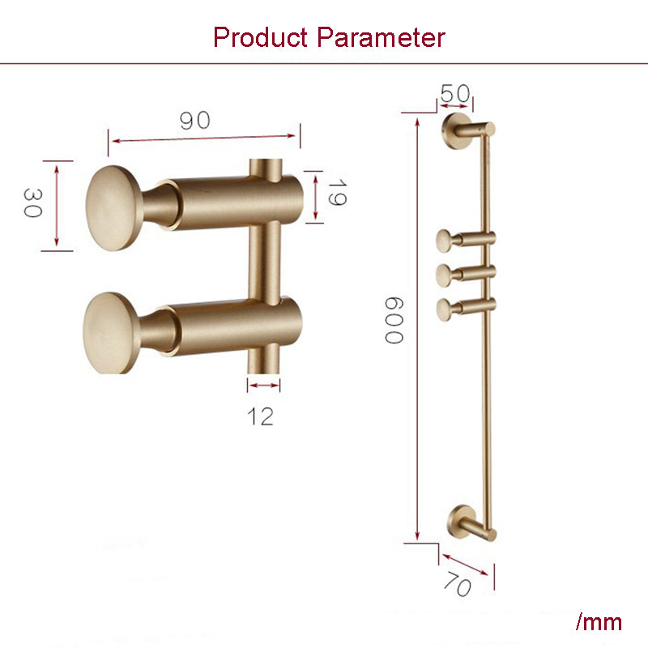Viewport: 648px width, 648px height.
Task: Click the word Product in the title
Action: (x=262, y=37)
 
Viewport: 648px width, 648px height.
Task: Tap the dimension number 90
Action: (x=194, y=121)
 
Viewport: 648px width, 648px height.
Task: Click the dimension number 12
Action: (x=261, y=416)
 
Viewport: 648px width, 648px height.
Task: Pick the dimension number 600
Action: (x=392, y=319)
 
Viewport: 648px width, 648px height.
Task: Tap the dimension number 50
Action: (x=454, y=94)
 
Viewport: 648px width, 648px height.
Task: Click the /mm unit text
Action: (x=599, y=622)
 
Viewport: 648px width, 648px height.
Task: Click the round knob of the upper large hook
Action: (x=114, y=205)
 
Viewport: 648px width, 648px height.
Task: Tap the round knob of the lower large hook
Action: (x=112, y=332)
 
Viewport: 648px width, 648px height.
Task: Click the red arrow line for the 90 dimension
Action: (x=204, y=136)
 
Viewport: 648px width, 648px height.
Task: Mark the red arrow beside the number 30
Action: (x=57, y=204)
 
